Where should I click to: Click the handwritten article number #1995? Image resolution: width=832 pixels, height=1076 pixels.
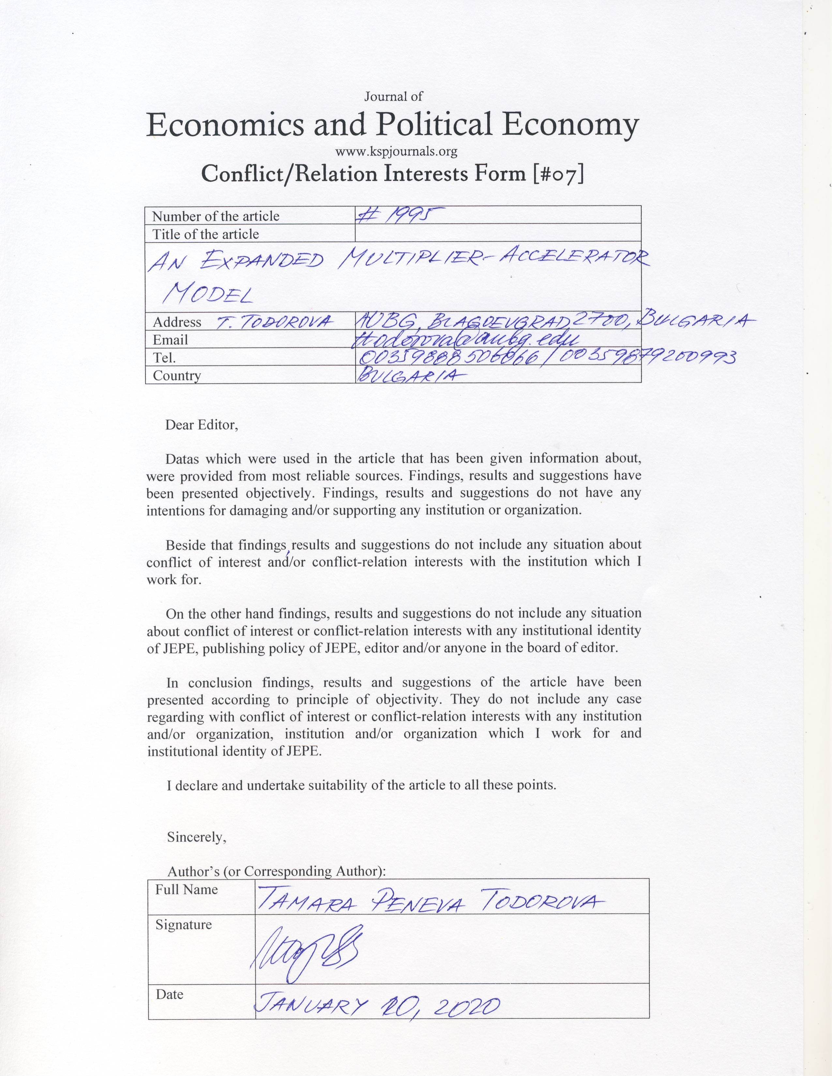pyautogui.click(x=400, y=215)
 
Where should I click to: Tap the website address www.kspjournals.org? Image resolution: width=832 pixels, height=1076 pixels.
pyautogui.click(x=396, y=151)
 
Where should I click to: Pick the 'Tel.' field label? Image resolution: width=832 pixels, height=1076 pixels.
pyautogui.click(x=164, y=358)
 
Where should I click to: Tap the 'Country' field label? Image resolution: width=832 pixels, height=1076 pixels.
pyautogui.click(x=177, y=375)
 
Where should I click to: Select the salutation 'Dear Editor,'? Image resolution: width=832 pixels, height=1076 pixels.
pyautogui.click(x=202, y=425)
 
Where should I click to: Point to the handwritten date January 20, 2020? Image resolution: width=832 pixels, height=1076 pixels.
pyautogui.click(x=376, y=1005)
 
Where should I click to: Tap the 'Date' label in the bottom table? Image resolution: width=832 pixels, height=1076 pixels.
pyautogui.click(x=170, y=994)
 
